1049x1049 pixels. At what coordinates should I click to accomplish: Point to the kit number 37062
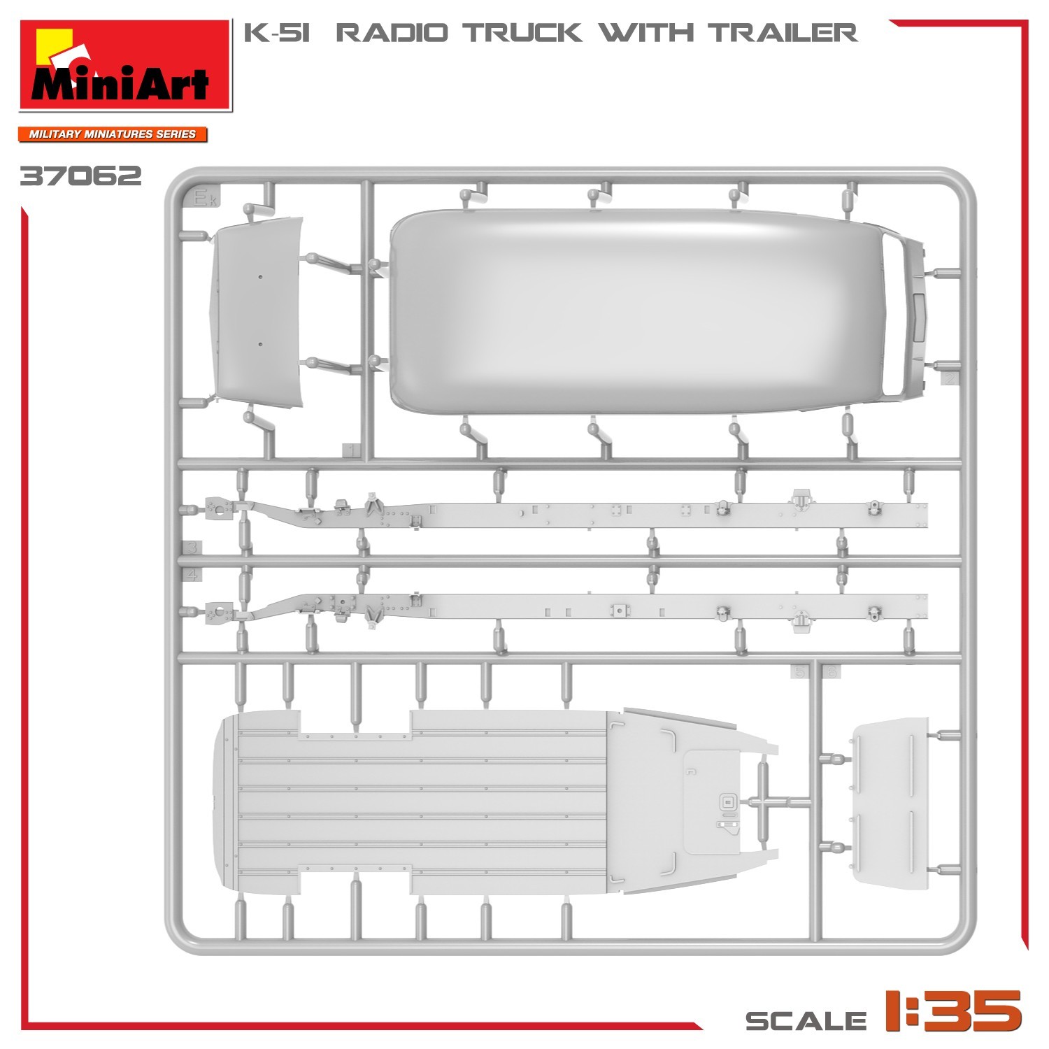80,176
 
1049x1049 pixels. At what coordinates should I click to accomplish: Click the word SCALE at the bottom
806,1020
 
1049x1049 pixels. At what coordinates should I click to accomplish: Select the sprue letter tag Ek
207,200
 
